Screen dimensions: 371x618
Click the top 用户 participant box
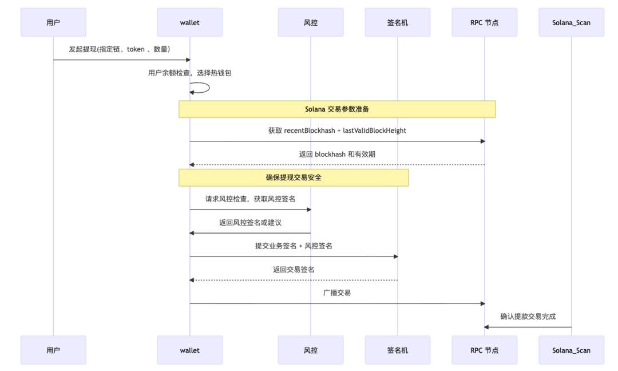(53, 22)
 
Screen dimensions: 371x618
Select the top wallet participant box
(189, 22)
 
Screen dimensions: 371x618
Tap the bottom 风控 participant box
(311, 350)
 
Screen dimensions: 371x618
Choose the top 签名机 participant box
(398, 22)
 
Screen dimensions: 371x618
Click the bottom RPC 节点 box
(484, 350)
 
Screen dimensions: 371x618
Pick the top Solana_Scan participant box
(571, 22)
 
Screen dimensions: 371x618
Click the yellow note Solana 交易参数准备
(337, 109)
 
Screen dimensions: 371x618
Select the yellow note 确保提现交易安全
(294, 177)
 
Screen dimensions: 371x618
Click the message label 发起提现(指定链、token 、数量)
(119, 49)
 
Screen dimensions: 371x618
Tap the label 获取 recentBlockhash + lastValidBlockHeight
(337, 131)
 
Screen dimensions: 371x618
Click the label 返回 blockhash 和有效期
(337, 154)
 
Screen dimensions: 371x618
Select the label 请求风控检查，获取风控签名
(250, 199)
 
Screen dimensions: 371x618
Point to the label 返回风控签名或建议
(250, 223)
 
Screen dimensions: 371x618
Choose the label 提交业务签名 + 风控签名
(294, 246)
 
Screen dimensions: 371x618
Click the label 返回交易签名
(294, 269)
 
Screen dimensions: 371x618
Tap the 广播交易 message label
(337, 293)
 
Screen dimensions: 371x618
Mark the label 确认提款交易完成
(528, 316)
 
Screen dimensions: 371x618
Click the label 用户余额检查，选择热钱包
(189, 73)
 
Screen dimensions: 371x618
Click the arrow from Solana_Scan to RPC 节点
(528, 327)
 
